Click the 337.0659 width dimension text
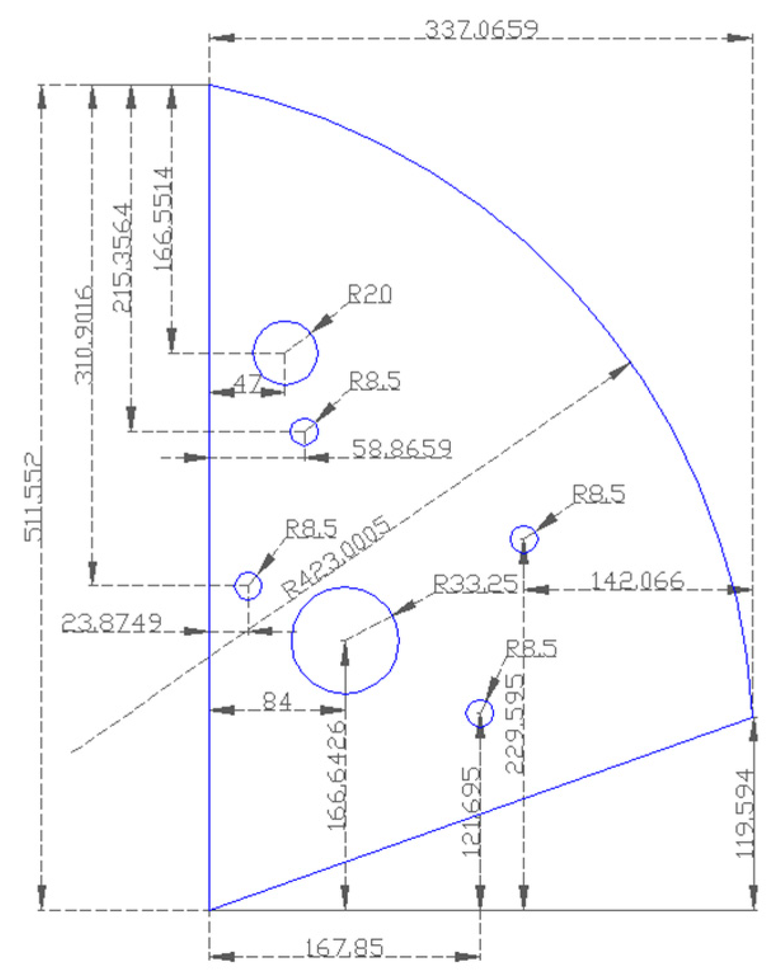(481, 29)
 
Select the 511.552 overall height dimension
(33, 496)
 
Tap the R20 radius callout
(370, 294)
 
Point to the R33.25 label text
(475, 584)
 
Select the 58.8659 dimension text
(401, 449)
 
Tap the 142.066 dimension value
(637, 580)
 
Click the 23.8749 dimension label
(111, 624)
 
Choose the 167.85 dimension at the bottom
(345, 948)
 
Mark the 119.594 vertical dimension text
(745, 814)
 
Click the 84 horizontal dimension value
(277, 702)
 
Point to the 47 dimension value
(247, 384)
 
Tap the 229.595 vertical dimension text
(515, 723)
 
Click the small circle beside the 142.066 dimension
(524, 539)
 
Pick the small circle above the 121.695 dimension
(479, 713)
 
